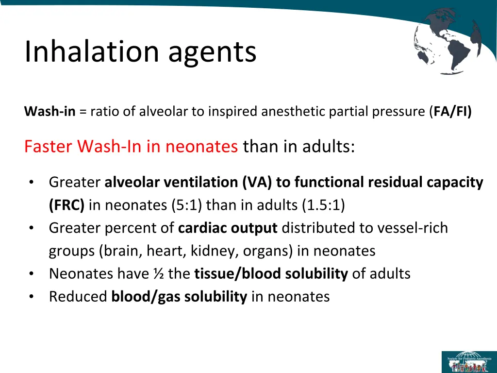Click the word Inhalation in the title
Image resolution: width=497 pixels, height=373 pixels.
(x=92, y=51)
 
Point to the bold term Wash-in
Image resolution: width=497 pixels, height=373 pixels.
(x=50, y=112)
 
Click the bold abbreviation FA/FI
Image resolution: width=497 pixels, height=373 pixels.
(x=451, y=112)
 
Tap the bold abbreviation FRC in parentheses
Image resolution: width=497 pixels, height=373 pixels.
(x=66, y=205)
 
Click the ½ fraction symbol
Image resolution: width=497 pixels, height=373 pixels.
(x=157, y=274)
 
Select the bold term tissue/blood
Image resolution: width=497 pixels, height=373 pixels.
(x=239, y=274)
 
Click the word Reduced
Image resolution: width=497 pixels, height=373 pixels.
(x=78, y=297)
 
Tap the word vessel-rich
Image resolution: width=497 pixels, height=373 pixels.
(x=417, y=228)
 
